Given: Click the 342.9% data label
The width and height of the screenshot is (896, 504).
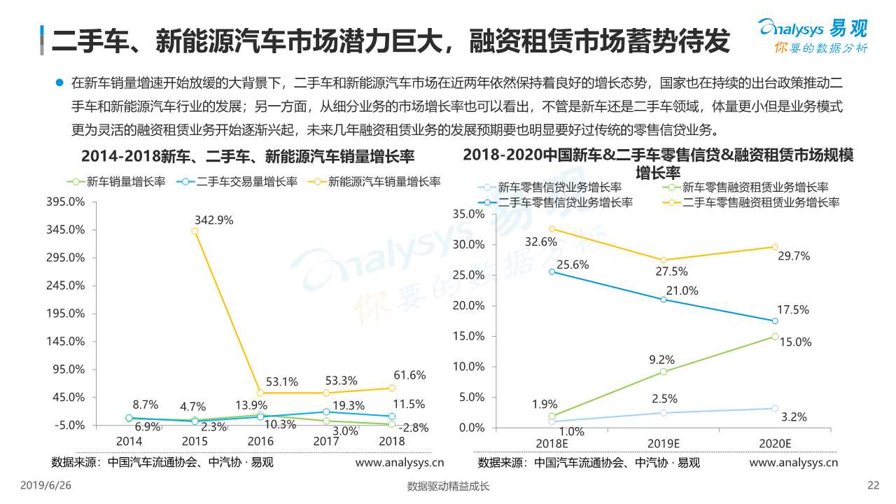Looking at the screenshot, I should pos(213,219).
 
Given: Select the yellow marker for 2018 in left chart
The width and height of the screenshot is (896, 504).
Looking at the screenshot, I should pos(392,388).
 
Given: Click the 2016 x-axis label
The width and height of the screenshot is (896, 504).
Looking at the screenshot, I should pos(260,441).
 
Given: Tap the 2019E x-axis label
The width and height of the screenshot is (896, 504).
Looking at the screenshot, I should pos(663,443).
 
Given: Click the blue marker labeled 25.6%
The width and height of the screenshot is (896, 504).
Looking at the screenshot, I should pos(552,272).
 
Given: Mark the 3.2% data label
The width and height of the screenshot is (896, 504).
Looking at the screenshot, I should pos(794,417).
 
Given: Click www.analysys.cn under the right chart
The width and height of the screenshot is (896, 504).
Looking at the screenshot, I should pos(793,463).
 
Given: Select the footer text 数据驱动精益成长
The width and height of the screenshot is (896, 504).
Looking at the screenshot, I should pos(448,487).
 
